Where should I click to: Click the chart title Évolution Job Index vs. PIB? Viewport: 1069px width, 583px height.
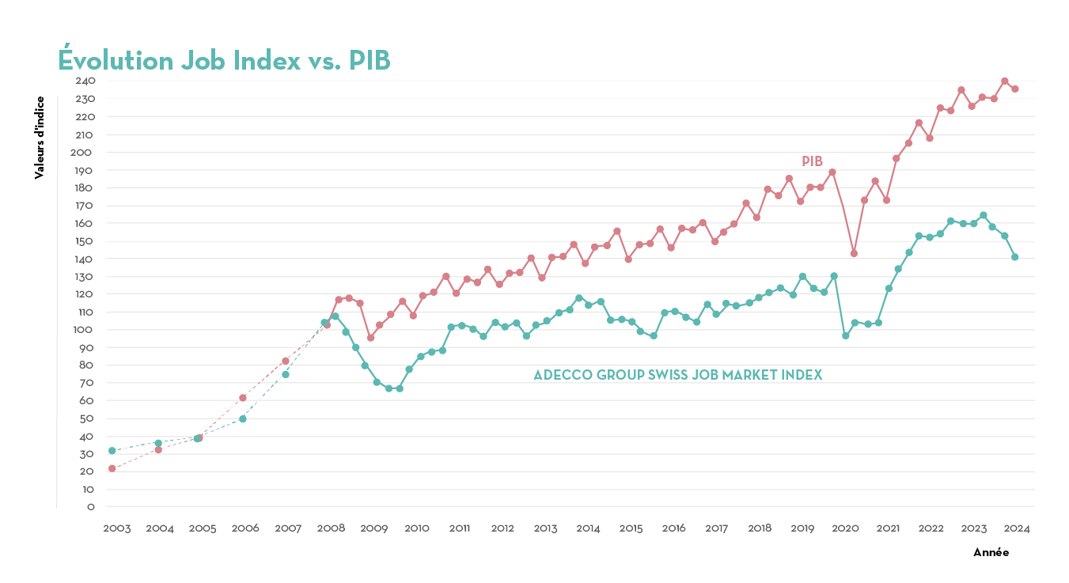point(224,61)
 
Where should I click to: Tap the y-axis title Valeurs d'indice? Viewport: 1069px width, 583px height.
point(39,138)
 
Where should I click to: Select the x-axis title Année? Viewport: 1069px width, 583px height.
point(991,553)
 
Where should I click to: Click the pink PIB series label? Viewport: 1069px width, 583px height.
point(812,161)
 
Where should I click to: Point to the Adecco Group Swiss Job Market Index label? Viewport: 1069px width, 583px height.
point(677,375)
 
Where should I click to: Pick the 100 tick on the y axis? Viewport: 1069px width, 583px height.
point(85,330)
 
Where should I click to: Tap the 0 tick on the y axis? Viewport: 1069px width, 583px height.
point(91,507)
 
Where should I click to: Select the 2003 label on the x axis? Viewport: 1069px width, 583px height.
point(117,528)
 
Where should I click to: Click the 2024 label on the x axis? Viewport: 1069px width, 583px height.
point(1017,528)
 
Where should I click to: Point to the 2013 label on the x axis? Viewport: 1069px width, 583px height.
point(546,528)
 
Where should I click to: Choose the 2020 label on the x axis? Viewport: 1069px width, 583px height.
point(846,528)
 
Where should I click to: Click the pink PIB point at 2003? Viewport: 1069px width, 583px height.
point(112,468)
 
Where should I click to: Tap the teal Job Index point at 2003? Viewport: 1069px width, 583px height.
point(112,451)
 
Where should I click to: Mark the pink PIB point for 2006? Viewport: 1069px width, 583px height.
point(243,398)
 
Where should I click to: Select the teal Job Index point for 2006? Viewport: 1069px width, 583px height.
point(243,418)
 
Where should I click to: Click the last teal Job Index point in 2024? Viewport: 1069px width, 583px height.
point(1014,257)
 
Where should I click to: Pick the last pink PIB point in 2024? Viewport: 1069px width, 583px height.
point(1014,89)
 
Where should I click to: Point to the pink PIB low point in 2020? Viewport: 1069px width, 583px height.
point(854,253)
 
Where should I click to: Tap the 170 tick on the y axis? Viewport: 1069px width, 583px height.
point(85,206)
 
